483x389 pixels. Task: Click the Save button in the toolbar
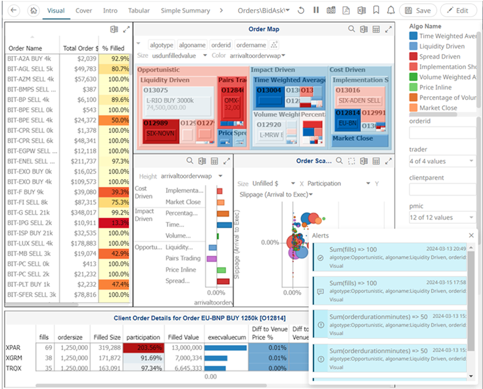point(418,11)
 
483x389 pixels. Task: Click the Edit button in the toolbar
point(458,11)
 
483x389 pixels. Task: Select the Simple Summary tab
point(185,11)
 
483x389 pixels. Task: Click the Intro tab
point(110,11)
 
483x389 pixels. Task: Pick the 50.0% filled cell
point(115,120)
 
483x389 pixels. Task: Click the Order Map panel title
point(264,29)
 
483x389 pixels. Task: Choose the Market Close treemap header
point(353,138)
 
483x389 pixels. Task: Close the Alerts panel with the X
point(471,235)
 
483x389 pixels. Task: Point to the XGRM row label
point(14,357)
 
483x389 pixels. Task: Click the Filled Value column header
point(184,336)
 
